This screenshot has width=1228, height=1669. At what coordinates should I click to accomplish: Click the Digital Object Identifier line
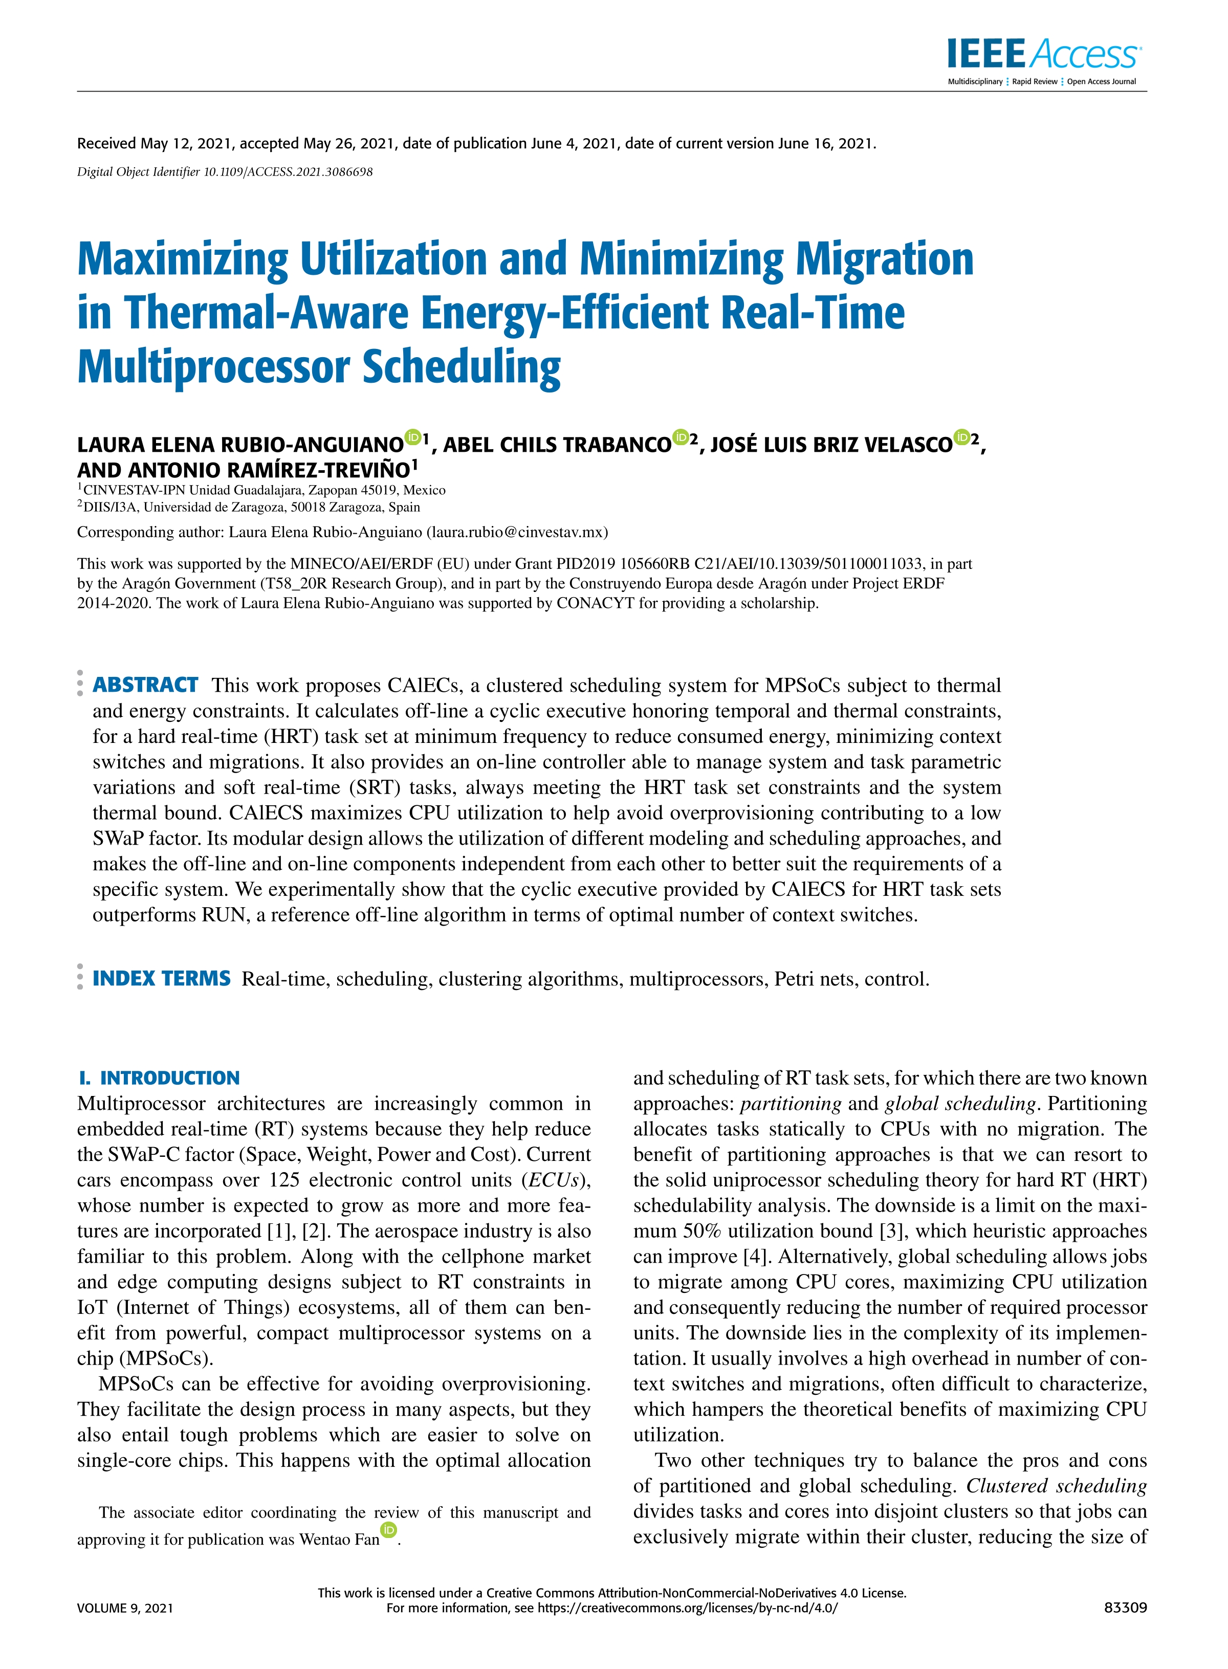[x=225, y=171]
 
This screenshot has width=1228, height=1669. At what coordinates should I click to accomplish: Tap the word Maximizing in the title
[x=182, y=259]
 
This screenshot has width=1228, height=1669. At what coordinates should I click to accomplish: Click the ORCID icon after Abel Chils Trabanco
[x=680, y=437]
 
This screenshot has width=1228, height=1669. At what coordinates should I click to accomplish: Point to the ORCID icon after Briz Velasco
[x=962, y=437]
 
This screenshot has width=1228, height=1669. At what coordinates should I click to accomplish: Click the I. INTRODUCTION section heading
[x=159, y=1078]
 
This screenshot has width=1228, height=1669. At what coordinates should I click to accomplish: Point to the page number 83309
[x=1126, y=1607]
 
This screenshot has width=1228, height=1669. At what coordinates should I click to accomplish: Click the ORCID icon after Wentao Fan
[x=389, y=1529]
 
